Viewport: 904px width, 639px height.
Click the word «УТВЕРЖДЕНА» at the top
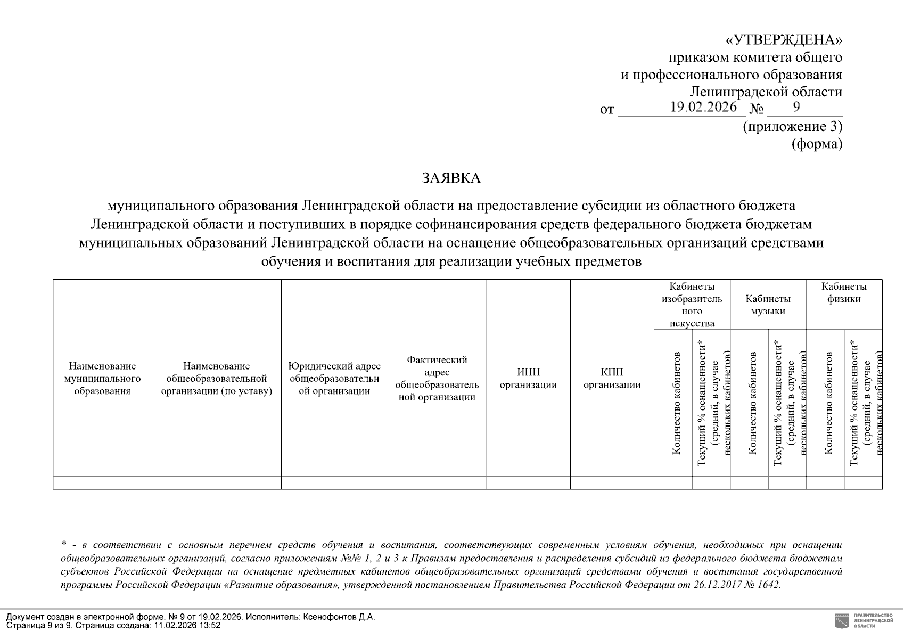click(784, 40)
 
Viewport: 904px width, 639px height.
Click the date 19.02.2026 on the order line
click(703, 107)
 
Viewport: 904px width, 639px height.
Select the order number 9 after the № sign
click(796, 107)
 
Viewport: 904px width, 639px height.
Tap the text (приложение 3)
click(792, 127)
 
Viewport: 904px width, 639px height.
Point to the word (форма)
click(817, 144)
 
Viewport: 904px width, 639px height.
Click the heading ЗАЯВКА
click(451, 178)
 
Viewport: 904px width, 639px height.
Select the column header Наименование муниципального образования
click(102, 378)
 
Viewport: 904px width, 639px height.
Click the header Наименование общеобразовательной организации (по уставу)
click(216, 378)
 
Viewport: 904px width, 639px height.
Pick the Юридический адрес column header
click(334, 378)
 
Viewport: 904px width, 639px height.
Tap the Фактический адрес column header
click(437, 378)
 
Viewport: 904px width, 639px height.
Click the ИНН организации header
click(528, 378)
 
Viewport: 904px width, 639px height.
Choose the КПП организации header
click(612, 378)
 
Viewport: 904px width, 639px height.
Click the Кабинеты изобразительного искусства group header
click(692, 305)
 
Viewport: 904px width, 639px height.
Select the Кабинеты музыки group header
click(768, 305)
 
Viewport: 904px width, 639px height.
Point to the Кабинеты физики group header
click(844, 292)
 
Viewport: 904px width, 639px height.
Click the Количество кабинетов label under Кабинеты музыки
click(752, 403)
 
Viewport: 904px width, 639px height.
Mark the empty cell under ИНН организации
click(528, 483)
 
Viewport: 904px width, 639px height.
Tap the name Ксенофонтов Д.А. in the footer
click(339, 617)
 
